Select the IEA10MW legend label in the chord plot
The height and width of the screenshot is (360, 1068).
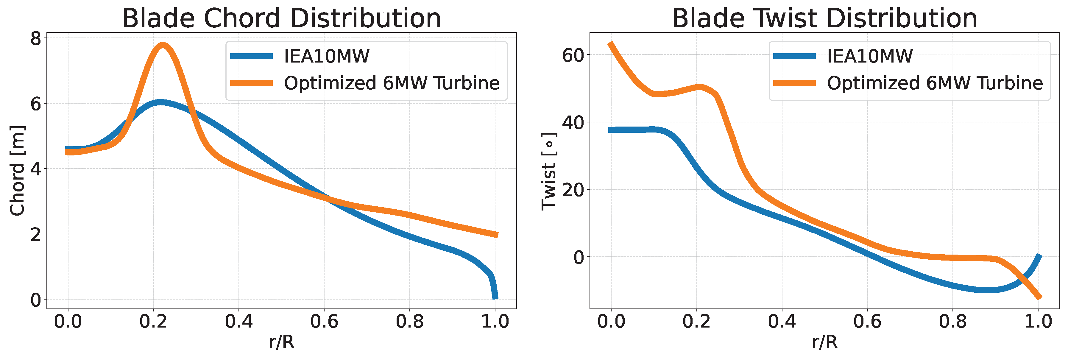327,56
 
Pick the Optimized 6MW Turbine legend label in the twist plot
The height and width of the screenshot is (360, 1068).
935,83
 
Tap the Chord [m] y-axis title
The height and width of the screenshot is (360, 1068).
17,170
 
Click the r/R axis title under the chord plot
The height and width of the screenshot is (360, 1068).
281,342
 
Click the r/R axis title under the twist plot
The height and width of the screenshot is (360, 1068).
825,342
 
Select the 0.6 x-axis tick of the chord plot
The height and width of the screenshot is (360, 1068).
324,321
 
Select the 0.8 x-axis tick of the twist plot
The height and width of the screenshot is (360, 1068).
953,321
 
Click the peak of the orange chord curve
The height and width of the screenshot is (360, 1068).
163,45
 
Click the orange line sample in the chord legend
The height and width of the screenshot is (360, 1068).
251,83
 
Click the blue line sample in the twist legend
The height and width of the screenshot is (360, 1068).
794,56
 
